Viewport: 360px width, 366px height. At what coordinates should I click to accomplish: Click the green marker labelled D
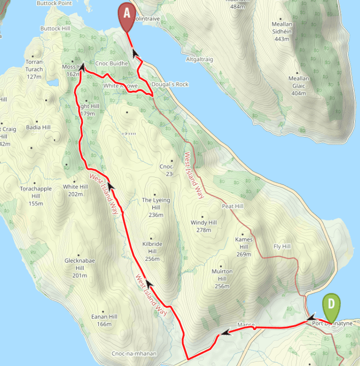331,306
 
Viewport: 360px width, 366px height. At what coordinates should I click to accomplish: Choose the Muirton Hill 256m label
222,279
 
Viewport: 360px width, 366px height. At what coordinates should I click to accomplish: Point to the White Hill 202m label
75,190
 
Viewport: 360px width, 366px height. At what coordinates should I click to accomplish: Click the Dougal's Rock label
170,85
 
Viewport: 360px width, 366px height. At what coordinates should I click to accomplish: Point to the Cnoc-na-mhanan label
132,353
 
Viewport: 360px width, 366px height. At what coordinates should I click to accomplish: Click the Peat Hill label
233,206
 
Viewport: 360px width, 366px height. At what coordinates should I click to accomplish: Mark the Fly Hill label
282,246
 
